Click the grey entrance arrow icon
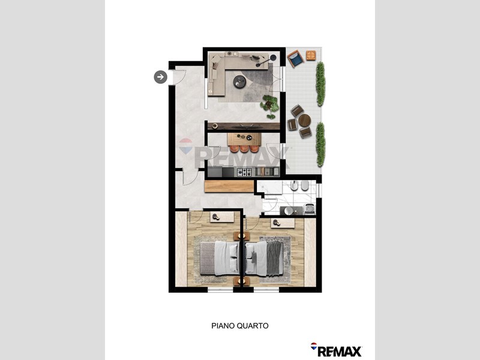(160, 77)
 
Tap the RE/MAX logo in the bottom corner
(337, 350)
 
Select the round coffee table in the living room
(239, 82)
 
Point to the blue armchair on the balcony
(295, 58)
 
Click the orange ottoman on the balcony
(311, 55)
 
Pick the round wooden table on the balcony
(305, 120)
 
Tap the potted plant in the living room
(270, 106)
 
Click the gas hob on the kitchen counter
(245, 172)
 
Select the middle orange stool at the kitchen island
(244, 148)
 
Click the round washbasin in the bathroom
(289, 211)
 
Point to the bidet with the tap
(294, 185)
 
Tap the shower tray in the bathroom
(269, 187)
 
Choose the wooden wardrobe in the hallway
(229, 186)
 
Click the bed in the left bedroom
(220, 258)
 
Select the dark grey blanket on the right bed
(275, 258)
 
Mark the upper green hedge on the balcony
(320, 84)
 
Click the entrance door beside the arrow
(177, 77)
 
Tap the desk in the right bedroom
(283, 223)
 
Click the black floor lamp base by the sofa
(273, 58)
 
